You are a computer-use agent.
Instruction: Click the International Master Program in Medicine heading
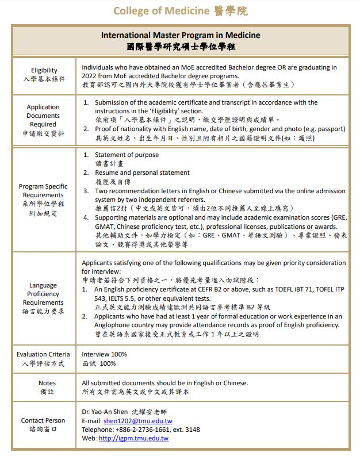(x=181, y=36)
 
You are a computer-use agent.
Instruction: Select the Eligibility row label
(x=44, y=71)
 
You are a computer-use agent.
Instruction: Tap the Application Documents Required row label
(x=43, y=116)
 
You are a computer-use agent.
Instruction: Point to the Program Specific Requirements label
(x=43, y=191)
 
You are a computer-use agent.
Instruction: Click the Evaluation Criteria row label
(x=43, y=354)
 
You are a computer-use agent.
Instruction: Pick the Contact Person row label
(x=43, y=420)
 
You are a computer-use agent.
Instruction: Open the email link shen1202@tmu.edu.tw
(x=137, y=421)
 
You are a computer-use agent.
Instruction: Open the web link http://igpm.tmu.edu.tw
(x=133, y=438)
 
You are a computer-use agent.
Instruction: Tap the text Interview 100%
(x=104, y=354)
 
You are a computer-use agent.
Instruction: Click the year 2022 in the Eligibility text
(x=90, y=76)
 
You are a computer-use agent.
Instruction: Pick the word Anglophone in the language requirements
(x=113, y=325)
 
